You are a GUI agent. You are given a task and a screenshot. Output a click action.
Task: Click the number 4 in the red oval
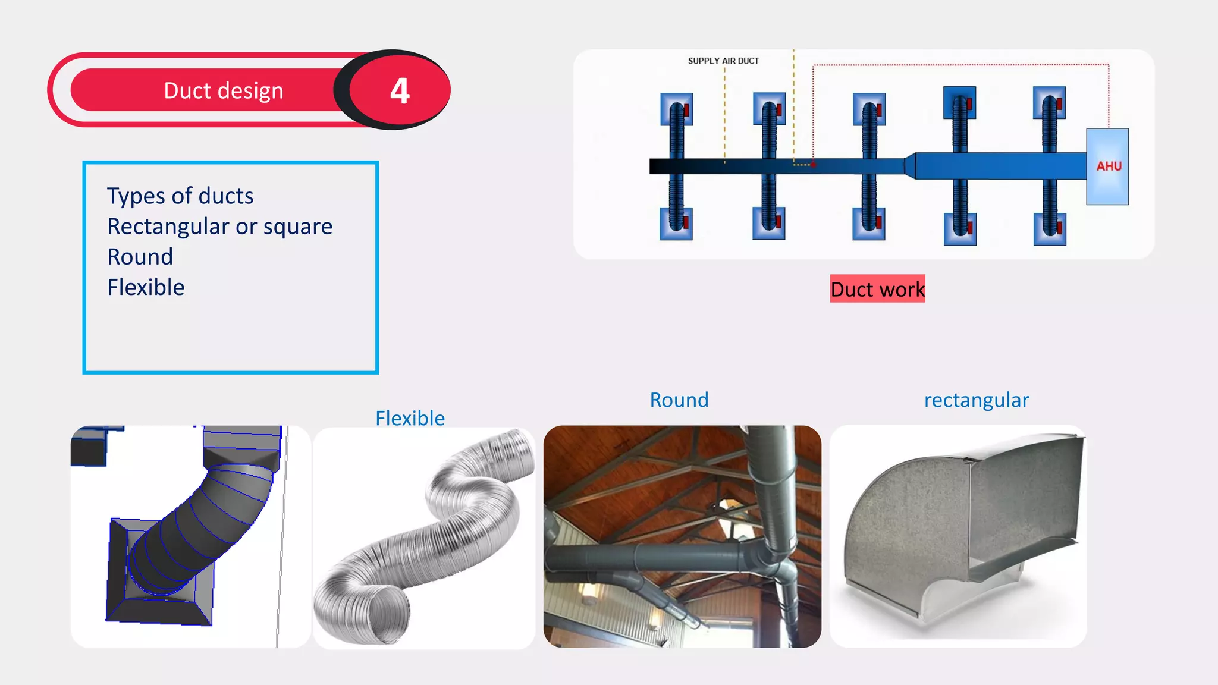[400, 91]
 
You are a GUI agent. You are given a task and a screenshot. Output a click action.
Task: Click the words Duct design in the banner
[223, 90]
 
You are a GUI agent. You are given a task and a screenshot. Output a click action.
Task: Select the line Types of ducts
[180, 196]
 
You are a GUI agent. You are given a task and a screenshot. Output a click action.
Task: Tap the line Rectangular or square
[219, 227]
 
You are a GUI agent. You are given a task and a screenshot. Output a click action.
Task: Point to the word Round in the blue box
[140, 257]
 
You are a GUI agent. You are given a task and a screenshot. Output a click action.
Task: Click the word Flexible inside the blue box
[146, 287]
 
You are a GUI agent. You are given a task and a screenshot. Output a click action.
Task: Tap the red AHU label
[1109, 166]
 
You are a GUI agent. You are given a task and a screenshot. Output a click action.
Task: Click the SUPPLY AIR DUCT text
[723, 61]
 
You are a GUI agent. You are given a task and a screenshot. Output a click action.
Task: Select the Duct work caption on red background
[877, 289]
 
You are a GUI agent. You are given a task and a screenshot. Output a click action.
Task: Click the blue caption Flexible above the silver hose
[410, 418]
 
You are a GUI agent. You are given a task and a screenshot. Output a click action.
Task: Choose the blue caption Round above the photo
[679, 400]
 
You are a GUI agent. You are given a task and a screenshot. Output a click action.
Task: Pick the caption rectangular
[976, 400]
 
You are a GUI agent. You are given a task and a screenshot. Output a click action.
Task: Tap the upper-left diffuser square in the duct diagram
[676, 109]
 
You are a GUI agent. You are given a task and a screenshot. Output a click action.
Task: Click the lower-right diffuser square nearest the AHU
[1050, 229]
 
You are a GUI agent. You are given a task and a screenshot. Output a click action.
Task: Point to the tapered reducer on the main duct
[910, 165]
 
